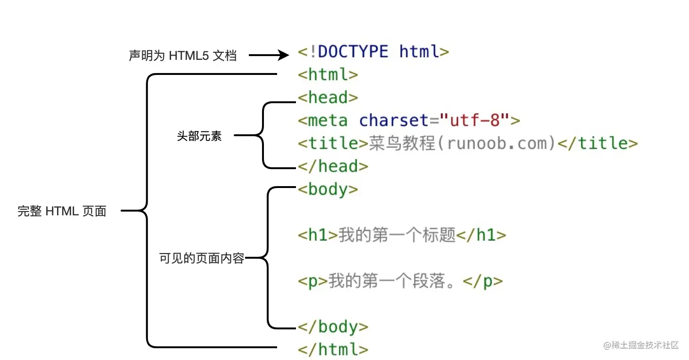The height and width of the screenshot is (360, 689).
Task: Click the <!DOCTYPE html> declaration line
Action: [373, 51]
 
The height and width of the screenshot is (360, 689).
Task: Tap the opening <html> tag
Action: [328, 74]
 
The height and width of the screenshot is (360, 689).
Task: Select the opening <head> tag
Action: [328, 98]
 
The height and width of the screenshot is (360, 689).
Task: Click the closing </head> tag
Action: [333, 166]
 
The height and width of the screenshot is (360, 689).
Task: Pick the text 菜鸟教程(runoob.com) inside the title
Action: [462, 143]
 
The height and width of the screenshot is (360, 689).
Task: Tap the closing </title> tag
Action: [598, 143]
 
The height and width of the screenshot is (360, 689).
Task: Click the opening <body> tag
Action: [328, 189]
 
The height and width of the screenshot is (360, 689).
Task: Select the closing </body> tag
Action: [333, 327]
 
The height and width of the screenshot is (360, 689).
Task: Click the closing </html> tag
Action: [333, 350]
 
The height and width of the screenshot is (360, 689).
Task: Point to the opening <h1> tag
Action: [318, 235]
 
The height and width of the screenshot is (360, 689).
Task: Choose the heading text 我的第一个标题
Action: [397, 235]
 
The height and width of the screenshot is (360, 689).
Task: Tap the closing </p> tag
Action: [483, 281]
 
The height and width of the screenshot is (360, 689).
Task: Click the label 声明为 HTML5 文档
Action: [182, 56]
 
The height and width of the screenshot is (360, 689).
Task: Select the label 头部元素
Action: [199, 137]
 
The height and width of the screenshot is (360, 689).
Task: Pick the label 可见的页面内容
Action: [202, 258]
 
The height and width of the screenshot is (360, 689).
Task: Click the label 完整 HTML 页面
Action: [62, 211]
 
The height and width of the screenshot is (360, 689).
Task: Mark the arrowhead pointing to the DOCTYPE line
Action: [283, 56]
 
